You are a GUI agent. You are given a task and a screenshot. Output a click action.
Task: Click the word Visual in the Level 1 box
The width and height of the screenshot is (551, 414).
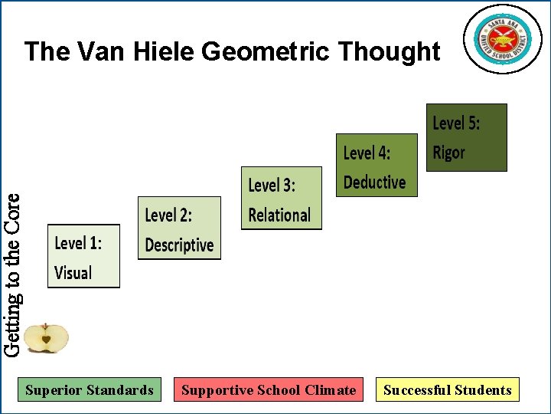click(73, 273)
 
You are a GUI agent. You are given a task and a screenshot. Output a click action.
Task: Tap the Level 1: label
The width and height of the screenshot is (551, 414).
click(77, 243)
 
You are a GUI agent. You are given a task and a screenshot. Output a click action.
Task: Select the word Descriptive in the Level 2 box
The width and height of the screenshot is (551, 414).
click(179, 245)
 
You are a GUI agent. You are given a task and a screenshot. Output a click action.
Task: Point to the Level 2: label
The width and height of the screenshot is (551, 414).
click(168, 215)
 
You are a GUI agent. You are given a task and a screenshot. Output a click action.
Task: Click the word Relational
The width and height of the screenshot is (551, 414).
click(279, 215)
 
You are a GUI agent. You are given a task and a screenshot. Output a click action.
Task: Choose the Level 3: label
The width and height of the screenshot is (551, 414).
click(272, 186)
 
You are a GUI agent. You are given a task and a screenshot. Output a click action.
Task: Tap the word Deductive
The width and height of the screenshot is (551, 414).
click(374, 182)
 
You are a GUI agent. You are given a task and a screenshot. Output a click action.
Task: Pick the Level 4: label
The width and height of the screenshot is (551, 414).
click(367, 153)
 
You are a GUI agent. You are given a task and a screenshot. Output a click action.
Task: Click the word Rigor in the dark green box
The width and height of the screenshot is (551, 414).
click(448, 153)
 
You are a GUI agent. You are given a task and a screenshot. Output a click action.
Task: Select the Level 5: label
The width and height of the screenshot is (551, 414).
click(456, 123)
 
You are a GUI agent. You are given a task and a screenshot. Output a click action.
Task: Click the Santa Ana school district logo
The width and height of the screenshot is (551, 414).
click(502, 39)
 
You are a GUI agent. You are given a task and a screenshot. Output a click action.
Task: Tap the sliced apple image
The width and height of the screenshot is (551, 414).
click(46, 338)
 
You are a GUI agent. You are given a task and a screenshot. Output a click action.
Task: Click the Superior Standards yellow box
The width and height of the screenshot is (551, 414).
click(90, 390)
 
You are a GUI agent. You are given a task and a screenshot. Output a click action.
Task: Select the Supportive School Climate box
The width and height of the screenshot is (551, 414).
click(269, 390)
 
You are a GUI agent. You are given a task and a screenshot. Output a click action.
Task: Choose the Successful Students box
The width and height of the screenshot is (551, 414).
click(447, 390)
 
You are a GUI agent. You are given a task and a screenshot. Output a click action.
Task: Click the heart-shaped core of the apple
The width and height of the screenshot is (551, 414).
click(46, 338)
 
